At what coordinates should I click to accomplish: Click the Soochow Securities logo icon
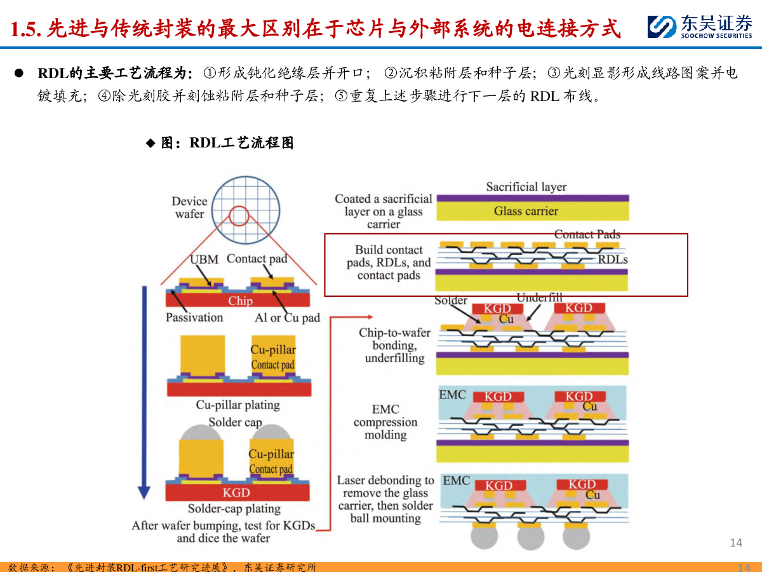[662, 27]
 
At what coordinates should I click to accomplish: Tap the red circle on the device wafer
[239, 207]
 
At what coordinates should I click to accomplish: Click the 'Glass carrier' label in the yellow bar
[526, 211]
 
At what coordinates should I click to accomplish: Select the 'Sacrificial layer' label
[526, 187]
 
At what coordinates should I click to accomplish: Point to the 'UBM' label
[204, 259]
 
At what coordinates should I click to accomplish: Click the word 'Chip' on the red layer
[240, 301]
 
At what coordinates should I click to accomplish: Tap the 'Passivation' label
[194, 317]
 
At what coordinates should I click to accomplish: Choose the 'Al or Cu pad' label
[288, 317]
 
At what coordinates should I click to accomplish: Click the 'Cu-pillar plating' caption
[237, 405]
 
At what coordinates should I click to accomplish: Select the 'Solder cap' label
[235, 422]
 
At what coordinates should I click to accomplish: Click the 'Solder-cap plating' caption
[234, 508]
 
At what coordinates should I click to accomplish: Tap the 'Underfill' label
[540, 297]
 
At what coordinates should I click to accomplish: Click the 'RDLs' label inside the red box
[613, 259]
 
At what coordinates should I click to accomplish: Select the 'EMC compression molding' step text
[385, 421]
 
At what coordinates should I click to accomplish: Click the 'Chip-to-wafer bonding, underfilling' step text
[395, 345]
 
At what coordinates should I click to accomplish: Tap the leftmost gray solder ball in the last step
[485, 536]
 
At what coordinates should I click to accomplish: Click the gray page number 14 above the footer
[736, 543]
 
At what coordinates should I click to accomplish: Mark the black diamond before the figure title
[150, 143]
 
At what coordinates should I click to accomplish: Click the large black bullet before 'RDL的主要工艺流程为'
[19, 73]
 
